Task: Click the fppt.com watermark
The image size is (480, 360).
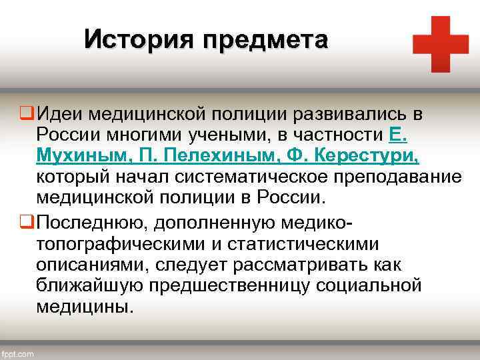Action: coord(17,354)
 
